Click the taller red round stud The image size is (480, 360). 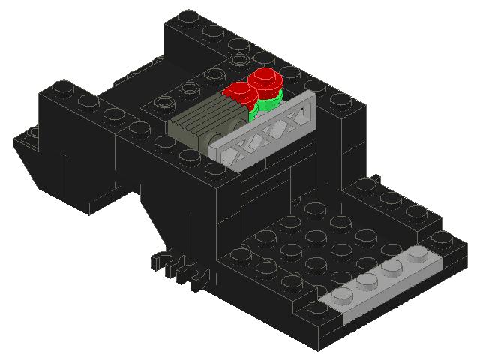click(264, 78)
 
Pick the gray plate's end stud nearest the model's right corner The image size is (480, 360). click(418, 256)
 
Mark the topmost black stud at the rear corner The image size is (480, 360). click(188, 18)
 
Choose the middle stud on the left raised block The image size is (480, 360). click(88, 101)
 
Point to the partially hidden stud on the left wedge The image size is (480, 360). click(31, 133)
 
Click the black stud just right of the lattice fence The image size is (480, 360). click(339, 100)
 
